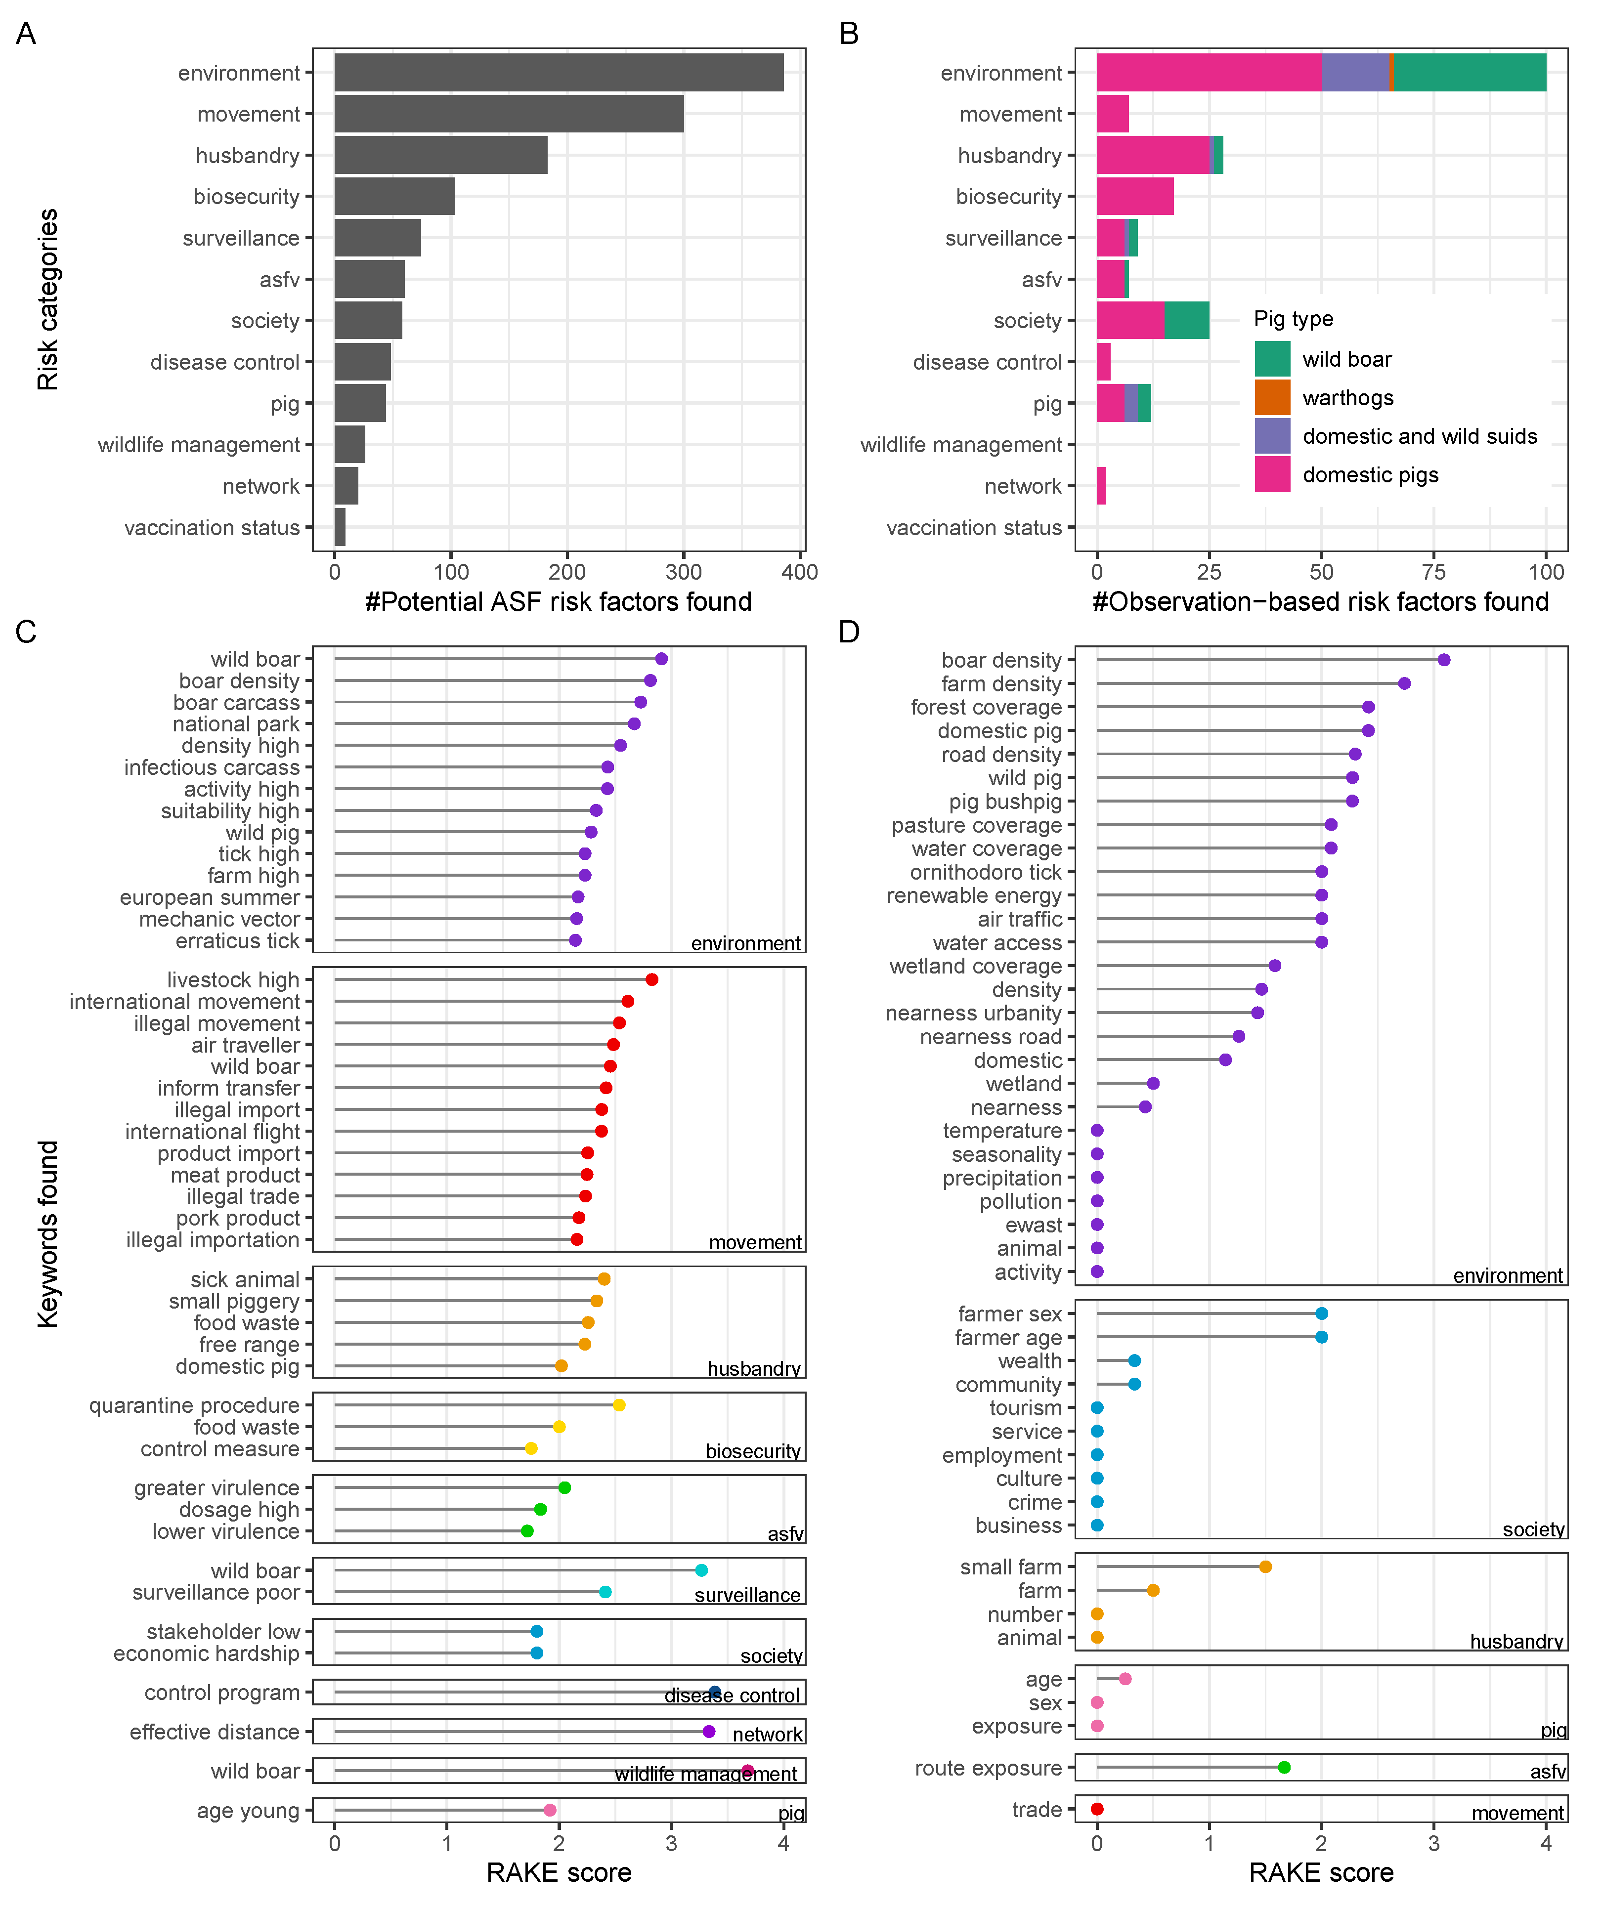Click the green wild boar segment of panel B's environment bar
click(x=1470, y=73)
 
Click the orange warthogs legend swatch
click(x=1272, y=398)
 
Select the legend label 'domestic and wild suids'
click(x=1420, y=437)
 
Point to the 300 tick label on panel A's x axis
click(x=683, y=572)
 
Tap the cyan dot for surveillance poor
click(x=606, y=1592)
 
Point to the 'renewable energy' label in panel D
click(x=974, y=895)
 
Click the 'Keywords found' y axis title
click(x=48, y=1235)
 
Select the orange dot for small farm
click(x=1265, y=1567)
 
